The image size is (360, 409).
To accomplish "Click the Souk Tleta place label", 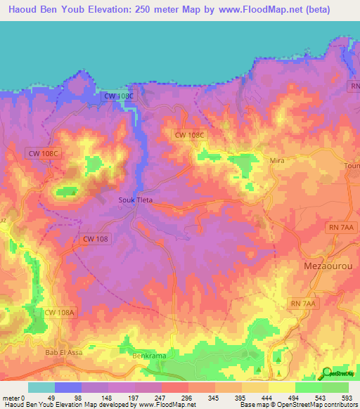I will pos(134,200).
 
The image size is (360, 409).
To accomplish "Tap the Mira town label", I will pos(277,161).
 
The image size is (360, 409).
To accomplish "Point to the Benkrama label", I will pos(149,356).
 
